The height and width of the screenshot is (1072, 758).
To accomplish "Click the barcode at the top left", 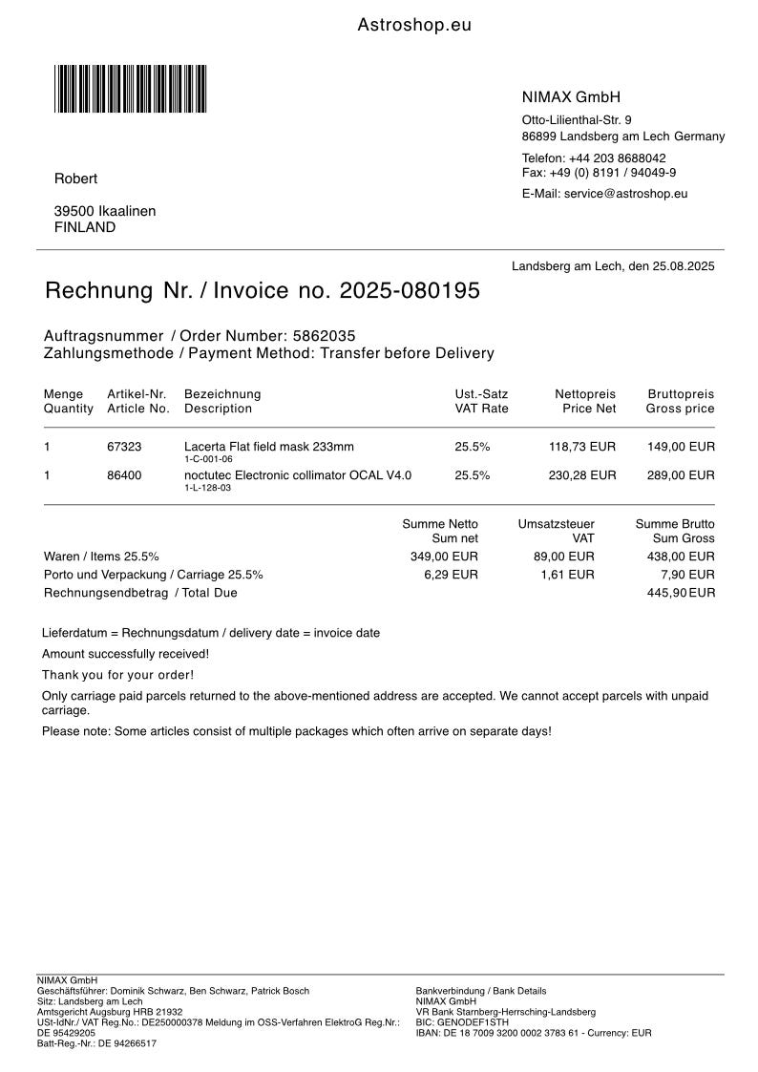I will tap(130, 89).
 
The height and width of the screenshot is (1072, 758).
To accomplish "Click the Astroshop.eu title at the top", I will tap(414, 26).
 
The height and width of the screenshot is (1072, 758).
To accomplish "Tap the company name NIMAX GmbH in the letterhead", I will tap(571, 97).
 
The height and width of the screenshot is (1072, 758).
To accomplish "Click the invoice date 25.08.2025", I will tap(681, 266).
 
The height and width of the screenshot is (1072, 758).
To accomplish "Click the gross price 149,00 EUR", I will tap(680, 446).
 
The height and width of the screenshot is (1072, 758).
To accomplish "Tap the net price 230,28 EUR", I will tap(582, 474).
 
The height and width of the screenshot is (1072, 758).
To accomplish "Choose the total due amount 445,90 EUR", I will tap(681, 593).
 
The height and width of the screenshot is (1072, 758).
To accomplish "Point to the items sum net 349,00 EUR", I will tap(444, 557).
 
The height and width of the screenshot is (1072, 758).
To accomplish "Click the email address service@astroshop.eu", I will tap(625, 194).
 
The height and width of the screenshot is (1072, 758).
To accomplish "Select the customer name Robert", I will tap(75, 179).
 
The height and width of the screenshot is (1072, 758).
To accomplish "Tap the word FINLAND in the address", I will tap(85, 227).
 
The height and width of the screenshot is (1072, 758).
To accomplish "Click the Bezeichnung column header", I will tap(222, 394).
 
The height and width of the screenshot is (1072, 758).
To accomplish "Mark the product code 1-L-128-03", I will tap(208, 488).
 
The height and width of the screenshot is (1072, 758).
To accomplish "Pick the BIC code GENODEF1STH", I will tap(474, 1021).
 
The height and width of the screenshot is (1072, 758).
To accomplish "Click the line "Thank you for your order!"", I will tap(117, 675).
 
